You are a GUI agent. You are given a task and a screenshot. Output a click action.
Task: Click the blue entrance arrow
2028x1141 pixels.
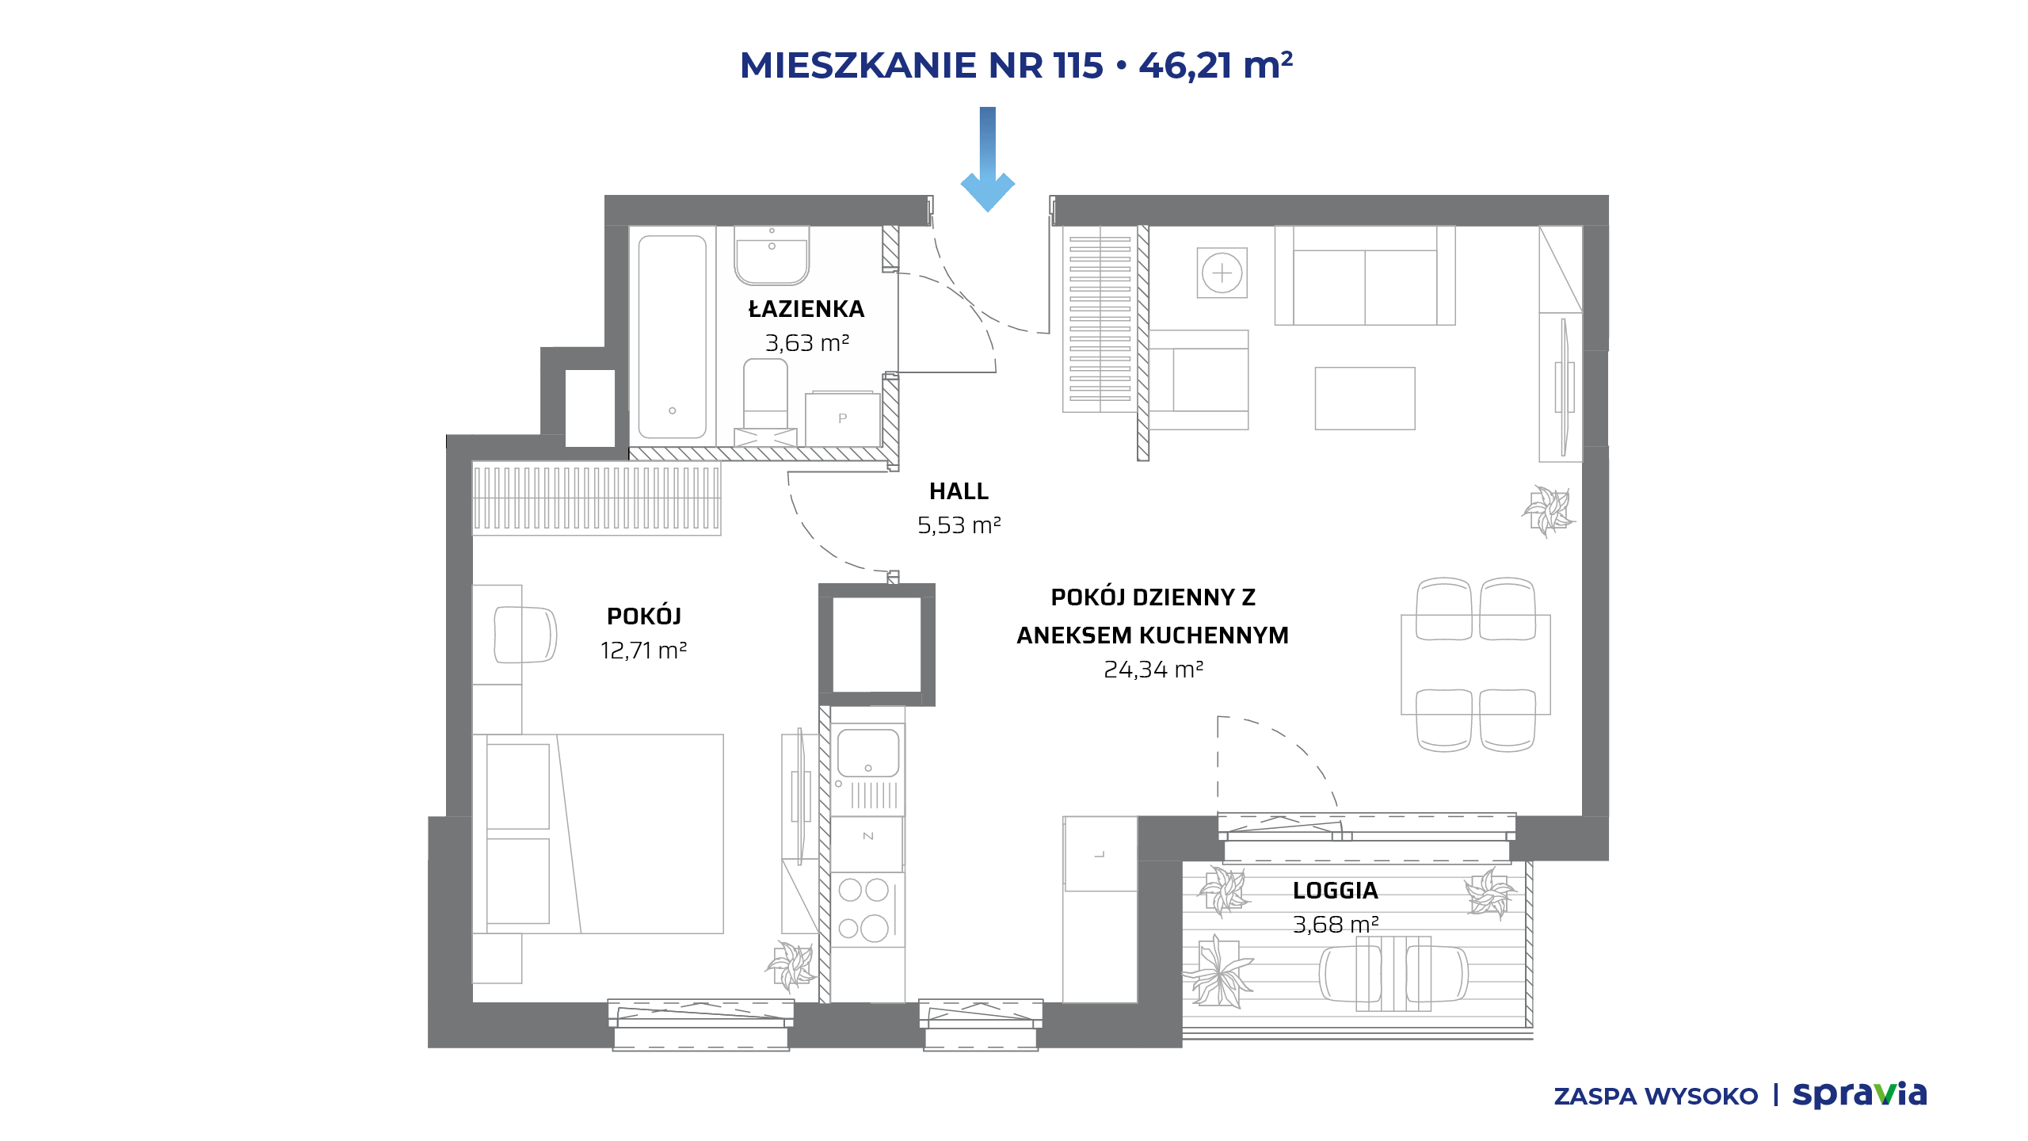pyautogui.click(x=987, y=158)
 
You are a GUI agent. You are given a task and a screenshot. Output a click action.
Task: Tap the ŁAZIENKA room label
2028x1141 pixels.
pyautogui.click(x=806, y=309)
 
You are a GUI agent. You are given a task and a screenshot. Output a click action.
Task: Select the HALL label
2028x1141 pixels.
pyautogui.click(x=959, y=491)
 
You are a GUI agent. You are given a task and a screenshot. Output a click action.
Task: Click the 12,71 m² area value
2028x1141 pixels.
pyautogui.click(x=643, y=651)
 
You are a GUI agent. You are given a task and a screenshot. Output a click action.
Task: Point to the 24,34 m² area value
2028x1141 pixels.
pyautogui.click(x=1153, y=670)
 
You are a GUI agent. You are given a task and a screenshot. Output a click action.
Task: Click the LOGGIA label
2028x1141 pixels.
pyautogui.click(x=1336, y=891)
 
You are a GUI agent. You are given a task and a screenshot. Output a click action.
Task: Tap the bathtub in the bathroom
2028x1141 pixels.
pyautogui.click(x=673, y=337)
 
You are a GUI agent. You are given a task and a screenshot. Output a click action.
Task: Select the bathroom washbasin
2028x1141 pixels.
pyautogui.click(x=772, y=255)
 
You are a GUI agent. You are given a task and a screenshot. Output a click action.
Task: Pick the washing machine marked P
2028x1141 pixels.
pyautogui.click(x=843, y=418)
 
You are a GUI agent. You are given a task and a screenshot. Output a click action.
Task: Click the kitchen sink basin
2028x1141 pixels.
pyautogui.click(x=868, y=753)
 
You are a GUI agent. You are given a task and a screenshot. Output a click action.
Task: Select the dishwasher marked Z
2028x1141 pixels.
pyautogui.click(x=867, y=845)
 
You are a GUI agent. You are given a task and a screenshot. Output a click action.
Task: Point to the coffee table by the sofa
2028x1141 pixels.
pyautogui.click(x=1365, y=399)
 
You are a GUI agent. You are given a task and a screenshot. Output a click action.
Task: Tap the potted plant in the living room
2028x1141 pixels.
pyautogui.click(x=1548, y=511)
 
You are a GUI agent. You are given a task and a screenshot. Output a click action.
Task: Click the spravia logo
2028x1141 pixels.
pyautogui.click(x=1859, y=1096)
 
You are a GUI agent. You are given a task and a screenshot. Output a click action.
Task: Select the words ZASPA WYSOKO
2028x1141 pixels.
pyautogui.click(x=1656, y=1097)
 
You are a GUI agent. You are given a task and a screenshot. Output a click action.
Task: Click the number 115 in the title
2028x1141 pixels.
pyautogui.click(x=1078, y=66)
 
